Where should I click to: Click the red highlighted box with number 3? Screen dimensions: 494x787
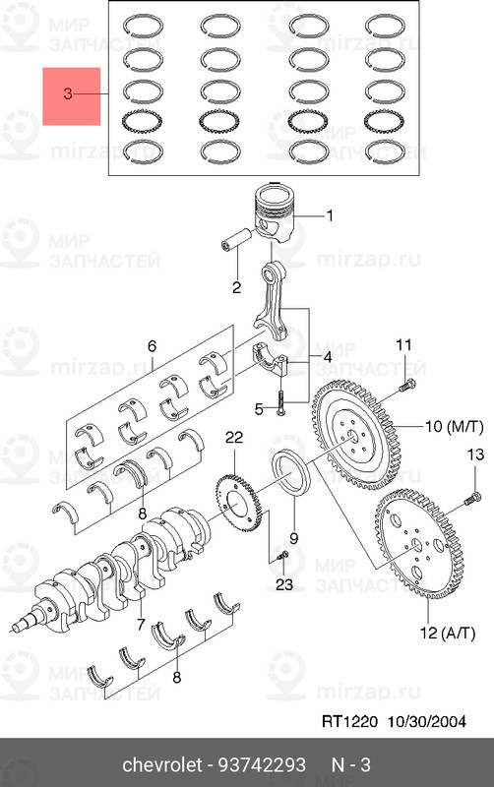(71, 96)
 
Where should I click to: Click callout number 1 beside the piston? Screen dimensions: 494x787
(330, 215)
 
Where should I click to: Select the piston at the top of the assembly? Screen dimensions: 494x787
(275, 212)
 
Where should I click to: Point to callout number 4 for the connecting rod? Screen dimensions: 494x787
(327, 358)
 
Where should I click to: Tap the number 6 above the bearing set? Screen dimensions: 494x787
(152, 346)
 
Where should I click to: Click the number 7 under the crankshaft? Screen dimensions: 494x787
(141, 625)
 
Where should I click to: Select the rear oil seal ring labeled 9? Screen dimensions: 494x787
(291, 473)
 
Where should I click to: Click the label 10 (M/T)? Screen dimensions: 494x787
(455, 427)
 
